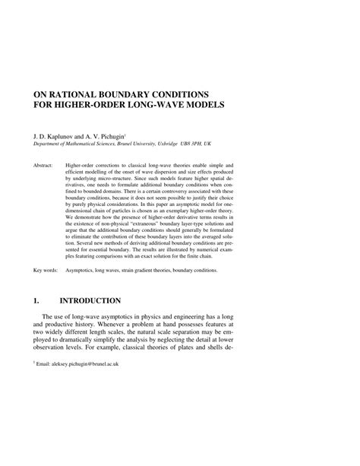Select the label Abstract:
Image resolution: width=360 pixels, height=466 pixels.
[x=45, y=163]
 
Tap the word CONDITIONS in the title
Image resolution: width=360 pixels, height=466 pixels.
[x=200, y=88]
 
